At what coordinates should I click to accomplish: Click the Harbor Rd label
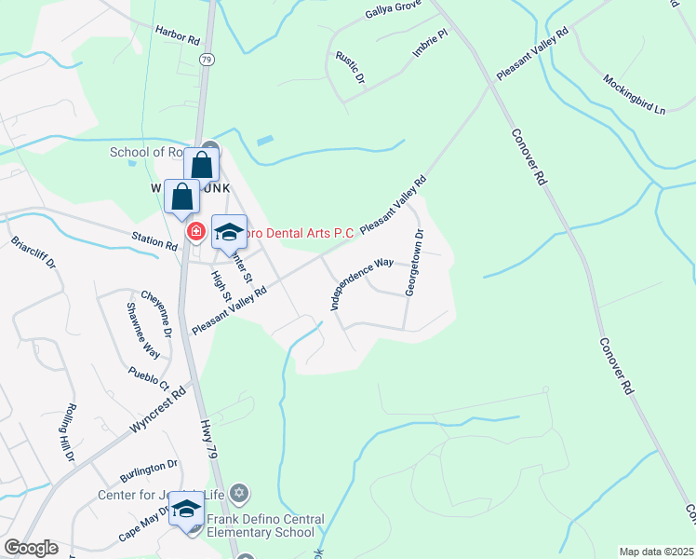click(x=178, y=41)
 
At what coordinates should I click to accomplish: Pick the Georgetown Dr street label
click(x=414, y=263)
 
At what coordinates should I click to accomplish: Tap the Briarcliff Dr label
click(x=33, y=255)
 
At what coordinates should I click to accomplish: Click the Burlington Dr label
click(x=147, y=464)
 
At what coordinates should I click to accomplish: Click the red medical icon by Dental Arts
click(x=196, y=231)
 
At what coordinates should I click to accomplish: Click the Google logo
click(x=30, y=548)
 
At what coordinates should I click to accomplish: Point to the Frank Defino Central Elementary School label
click(x=265, y=525)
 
